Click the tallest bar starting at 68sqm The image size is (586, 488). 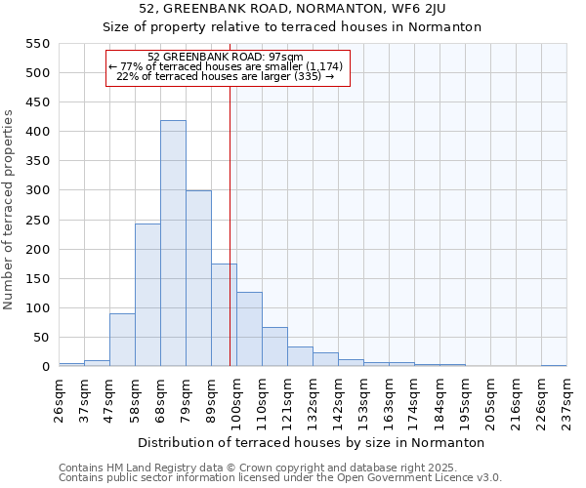coord(173,244)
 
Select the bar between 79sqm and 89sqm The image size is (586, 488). coord(198,279)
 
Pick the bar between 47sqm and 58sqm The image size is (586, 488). coord(122,341)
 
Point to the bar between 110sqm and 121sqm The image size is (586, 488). coord(274,347)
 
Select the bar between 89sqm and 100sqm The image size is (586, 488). coord(224,315)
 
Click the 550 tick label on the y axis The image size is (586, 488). coord(36,44)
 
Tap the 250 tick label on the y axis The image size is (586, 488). coord(36,221)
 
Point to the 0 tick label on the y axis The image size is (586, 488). coord(45,367)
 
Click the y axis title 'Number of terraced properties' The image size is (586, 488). coord(9,210)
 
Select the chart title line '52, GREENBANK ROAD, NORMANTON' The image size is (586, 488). coord(292,9)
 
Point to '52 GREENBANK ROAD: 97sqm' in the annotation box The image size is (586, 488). coord(226,58)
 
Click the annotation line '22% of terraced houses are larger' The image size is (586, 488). coord(226,76)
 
